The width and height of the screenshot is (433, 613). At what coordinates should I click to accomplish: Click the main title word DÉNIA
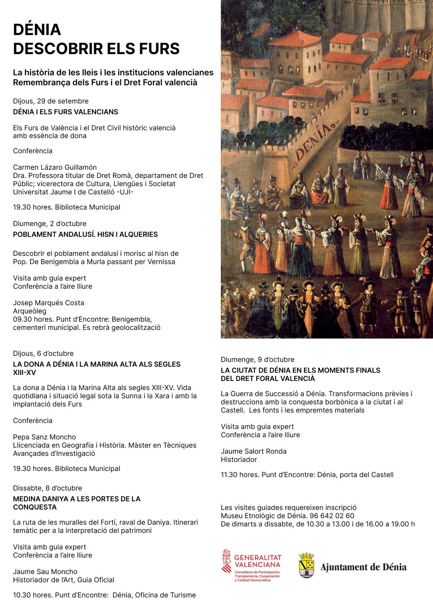point(37,29)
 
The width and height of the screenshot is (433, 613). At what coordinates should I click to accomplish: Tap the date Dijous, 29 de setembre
point(51,101)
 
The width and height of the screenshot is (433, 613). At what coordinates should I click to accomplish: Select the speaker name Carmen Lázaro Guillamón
point(55,167)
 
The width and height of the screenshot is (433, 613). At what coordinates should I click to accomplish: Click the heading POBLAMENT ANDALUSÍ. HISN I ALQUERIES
point(85,234)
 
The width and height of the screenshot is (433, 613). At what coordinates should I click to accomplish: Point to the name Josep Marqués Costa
point(48,303)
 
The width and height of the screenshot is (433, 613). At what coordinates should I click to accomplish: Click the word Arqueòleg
point(29,311)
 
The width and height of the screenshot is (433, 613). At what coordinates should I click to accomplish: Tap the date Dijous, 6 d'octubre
point(43,353)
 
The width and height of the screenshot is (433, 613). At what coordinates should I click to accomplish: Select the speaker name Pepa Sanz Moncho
point(44,437)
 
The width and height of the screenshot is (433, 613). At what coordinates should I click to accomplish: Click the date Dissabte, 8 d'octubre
point(47,488)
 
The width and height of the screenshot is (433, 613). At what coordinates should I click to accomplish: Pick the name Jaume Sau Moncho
point(45,571)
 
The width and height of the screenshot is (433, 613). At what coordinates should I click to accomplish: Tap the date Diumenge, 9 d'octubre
point(257,359)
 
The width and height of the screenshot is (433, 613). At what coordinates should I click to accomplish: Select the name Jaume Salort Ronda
point(253,451)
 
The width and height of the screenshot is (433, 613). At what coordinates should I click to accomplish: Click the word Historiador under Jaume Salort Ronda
point(239,459)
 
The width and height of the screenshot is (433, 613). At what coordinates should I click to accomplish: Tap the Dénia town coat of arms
point(307,565)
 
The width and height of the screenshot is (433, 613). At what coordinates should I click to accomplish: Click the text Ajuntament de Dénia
point(363,567)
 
